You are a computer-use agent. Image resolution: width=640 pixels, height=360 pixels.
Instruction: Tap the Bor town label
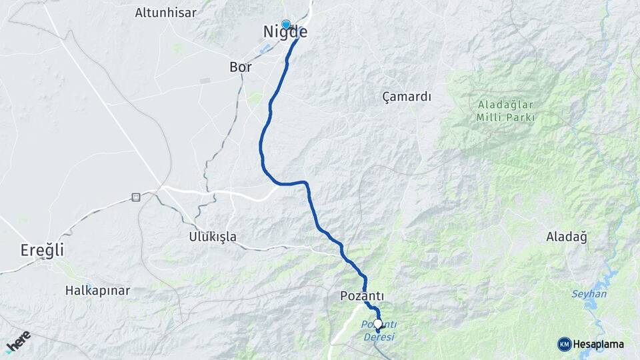[x=240, y=67]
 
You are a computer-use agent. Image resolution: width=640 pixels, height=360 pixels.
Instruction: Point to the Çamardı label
[x=407, y=97]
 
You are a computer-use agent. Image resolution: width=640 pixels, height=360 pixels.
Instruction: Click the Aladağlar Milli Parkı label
[x=506, y=111]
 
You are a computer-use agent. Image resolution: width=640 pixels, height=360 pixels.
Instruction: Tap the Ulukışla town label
[x=213, y=237]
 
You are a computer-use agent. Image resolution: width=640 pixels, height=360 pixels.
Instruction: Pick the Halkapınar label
[x=97, y=291]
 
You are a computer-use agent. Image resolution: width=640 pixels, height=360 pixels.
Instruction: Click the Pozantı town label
[x=362, y=295]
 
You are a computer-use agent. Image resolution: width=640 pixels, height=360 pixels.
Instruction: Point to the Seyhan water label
[x=589, y=294]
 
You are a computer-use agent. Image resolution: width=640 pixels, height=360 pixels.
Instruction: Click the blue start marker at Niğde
[x=286, y=25]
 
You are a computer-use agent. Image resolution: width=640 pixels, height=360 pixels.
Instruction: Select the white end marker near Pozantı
[x=378, y=324]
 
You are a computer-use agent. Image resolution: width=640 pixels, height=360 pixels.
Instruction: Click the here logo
[x=18, y=341]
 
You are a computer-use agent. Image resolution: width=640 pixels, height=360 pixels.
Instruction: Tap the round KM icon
[x=564, y=344]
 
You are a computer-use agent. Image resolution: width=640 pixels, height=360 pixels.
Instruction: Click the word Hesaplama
[x=599, y=344]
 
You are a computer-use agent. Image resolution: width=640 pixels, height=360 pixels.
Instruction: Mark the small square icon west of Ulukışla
[x=136, y=197]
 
